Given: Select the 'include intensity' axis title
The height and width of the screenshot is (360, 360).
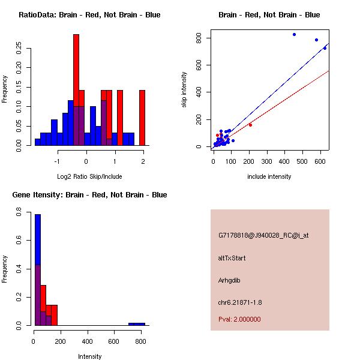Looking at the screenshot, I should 269,176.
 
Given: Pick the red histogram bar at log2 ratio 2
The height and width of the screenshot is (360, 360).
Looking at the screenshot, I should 142,117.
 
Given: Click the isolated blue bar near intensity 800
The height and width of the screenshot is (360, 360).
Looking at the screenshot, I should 137,324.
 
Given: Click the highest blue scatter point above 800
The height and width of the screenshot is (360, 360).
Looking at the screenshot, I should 294,34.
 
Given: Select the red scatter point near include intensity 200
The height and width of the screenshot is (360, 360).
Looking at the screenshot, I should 250,125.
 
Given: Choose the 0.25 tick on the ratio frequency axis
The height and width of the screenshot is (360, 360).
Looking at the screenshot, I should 19,47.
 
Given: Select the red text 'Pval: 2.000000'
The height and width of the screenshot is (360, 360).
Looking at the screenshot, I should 239,319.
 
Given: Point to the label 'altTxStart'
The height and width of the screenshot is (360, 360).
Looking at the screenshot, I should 232,258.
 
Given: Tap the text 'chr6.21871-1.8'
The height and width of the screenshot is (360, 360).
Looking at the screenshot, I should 240,302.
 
